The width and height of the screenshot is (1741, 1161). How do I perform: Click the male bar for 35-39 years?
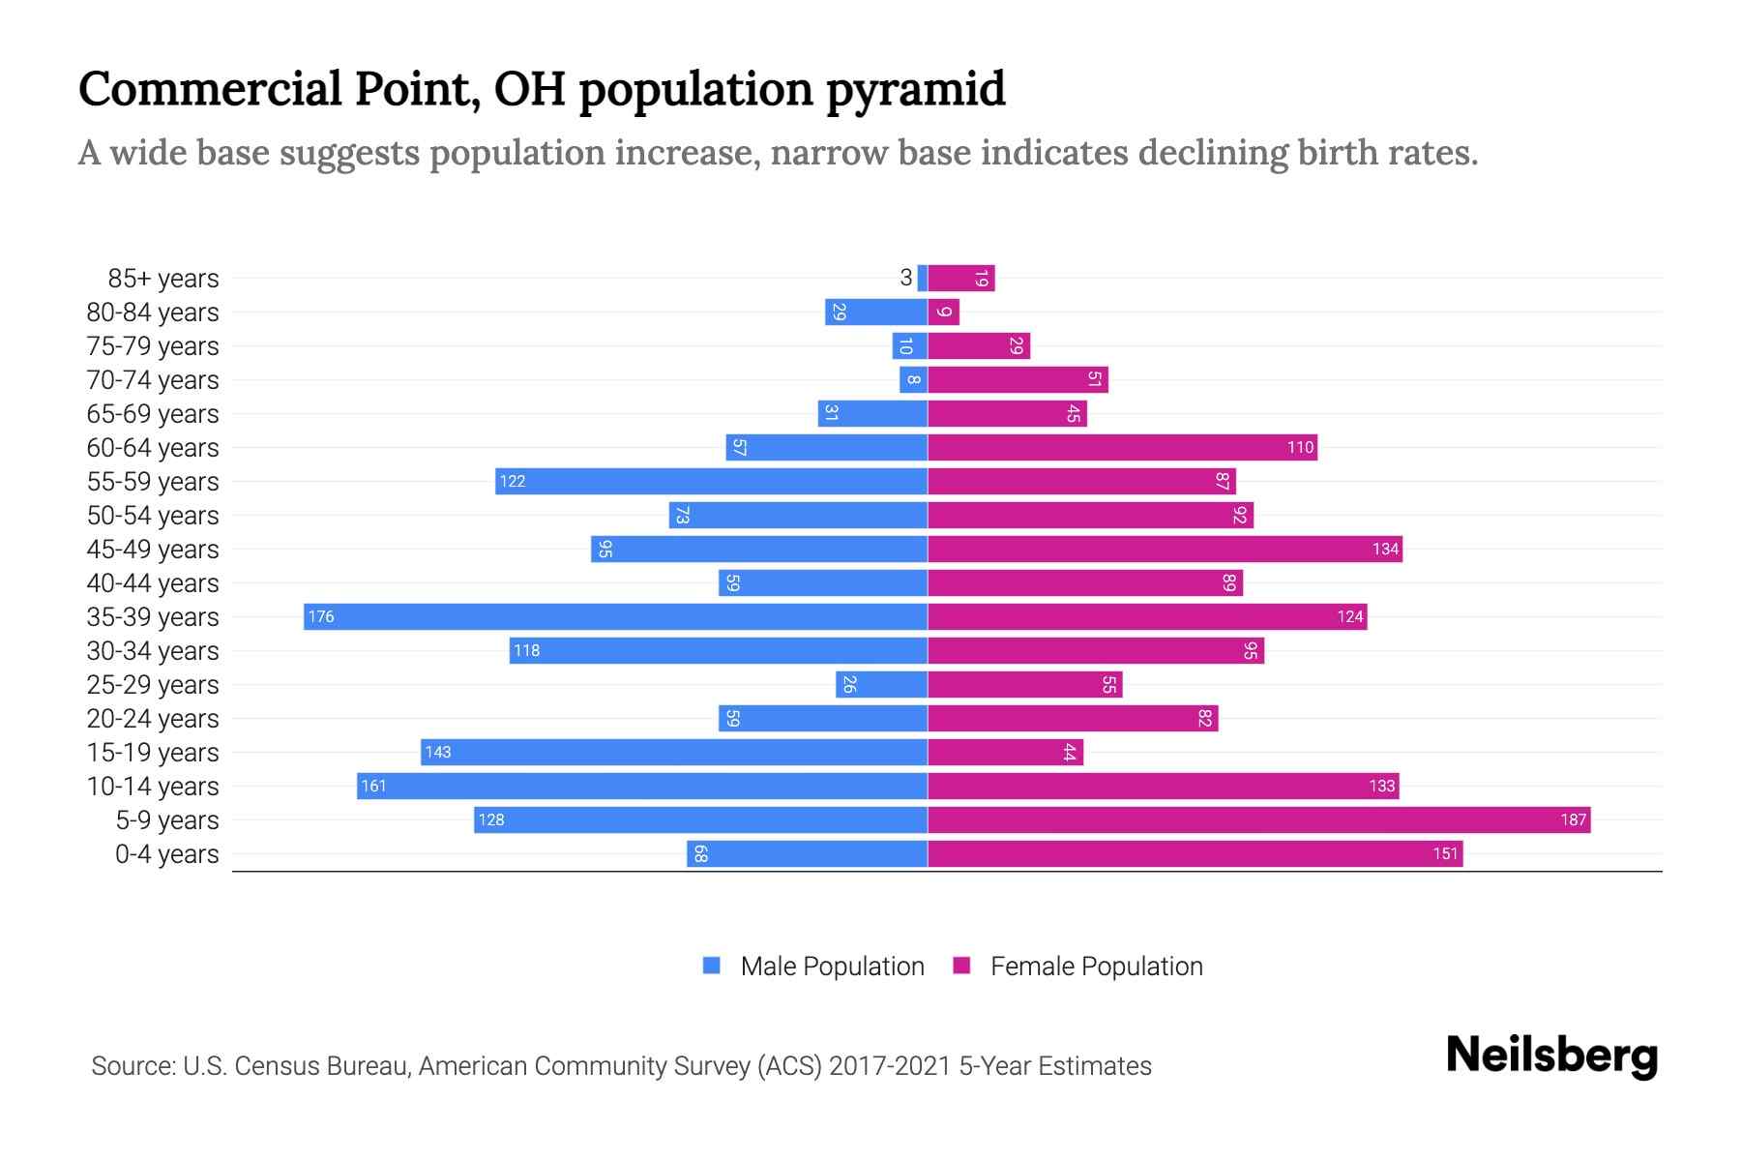tap(615, 616)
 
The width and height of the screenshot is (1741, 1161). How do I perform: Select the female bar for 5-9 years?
tap(1258, 819)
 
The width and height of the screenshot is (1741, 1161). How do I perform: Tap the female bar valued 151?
tap(1195, 853)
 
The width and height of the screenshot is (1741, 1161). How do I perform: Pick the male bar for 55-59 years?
tap(711, 481)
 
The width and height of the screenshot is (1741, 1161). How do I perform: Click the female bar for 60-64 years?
tap(1122, 447)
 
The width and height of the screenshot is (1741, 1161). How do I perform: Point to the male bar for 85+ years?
tap(923, 278)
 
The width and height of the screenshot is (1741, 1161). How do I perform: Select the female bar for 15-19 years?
tap(1005, 752)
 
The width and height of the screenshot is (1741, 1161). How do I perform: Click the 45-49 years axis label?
tap(153, 549)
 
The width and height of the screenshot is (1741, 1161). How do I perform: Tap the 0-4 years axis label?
tap(166, 853)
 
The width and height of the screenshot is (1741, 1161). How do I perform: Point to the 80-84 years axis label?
tap(153, 312)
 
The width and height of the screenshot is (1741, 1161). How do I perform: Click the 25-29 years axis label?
tap(153, 684)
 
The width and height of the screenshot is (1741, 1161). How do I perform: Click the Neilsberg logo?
tap(1551, 1056)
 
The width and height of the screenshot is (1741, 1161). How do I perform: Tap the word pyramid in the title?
tap(915, 89)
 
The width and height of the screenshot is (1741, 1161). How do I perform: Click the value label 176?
tap(321, 616)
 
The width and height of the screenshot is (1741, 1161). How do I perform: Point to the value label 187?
tap(1573, 819)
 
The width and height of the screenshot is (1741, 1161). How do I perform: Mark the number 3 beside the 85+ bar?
tap(905, 278)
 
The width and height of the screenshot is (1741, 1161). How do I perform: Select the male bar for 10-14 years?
tap(641, 786)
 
